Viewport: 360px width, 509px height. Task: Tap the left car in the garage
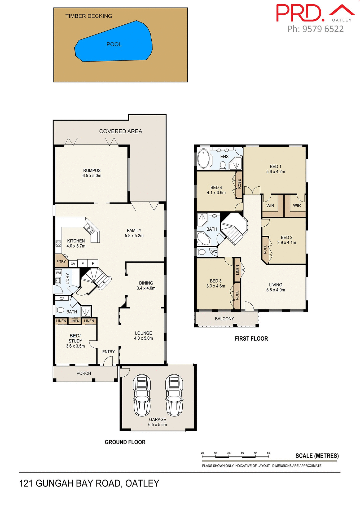[142, 395]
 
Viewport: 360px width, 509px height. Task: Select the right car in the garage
[174, 395]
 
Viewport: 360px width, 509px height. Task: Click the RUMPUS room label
[92, 170]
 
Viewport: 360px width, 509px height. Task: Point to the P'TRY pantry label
[61, 262]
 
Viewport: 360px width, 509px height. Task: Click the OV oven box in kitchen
[73, 264]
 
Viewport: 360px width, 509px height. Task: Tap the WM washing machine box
[58, 273]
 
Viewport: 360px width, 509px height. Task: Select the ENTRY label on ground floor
[108, 352]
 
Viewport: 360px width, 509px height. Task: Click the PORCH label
[84, 373]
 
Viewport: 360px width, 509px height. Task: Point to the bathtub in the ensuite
[203, 159]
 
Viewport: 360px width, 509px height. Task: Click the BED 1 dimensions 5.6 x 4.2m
[276, 172]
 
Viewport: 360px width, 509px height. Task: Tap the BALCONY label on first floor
[224, 319]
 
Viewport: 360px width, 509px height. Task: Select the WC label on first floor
[214, 252]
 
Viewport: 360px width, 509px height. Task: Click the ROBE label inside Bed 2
[265, 249]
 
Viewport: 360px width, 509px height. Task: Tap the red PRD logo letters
[300, 13]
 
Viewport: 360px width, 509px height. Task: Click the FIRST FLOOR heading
[251, 339]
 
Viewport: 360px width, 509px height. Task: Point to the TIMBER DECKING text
[89, 16]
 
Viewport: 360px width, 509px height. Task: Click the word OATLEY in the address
[142, 484]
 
